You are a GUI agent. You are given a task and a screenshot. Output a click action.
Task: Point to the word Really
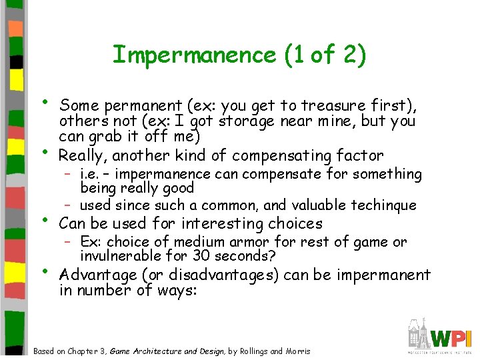tap(83, 156)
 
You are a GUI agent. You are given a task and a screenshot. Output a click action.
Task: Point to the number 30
tap(202, 256)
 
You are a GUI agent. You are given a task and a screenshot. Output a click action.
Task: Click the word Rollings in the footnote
tap(254, 351)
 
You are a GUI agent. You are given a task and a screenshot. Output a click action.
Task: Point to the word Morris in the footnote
tap(298, 351)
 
